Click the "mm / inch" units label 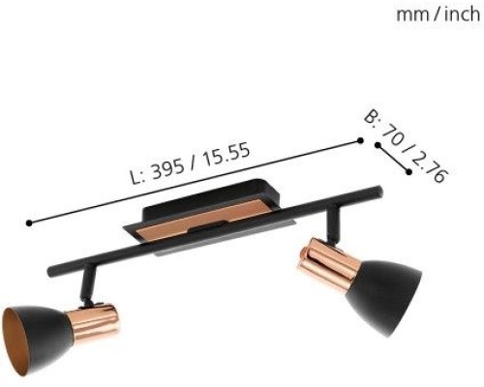[438, 15]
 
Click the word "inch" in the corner [462, 15]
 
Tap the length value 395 [167, 169]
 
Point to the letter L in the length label [136, 178]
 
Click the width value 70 [393, 134]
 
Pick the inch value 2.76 [433, 167]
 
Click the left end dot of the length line [29, 223]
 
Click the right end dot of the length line [360, 140]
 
